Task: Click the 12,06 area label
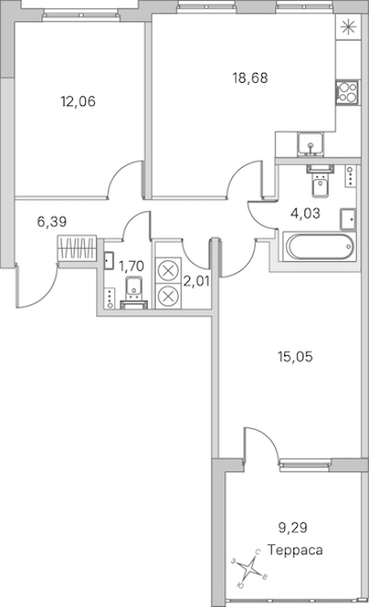pyautogui.click(x=77, y=101)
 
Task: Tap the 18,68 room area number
pyautogui.click(x=250, y=77)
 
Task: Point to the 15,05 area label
pyautogui.click(x=295, y=356)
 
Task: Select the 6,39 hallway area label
pyautogui.click(x=52, y=221)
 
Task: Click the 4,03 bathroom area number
pyautogui.click(x=305, y=213)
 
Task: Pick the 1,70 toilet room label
pyautogui.click(x=131, y=266)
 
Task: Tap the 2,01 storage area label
pyautogui.click(x=196, y=281)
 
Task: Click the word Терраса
pyautogui.click(x=295, y=550)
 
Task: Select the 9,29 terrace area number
pyautogui.click(x=292, y=528)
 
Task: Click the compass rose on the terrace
pyautogui.click(x=250, y=568)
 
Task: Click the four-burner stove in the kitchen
pyautogui.click(x=347, y=92)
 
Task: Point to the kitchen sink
pyautogui.click(x=311, y=145)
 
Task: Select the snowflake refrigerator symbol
pyautogui.click(x=348, y=27)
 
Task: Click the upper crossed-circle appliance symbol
pyautogui.click(x=168, y=270)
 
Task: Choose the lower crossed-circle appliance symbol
pyautogui.click(x=168, y=296)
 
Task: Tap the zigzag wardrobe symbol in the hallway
pyautogui.click(x=77, y=247)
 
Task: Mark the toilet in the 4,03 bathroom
pyautogui.click(x=320, y=181)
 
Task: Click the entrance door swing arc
pyautogui.click(x=47, y=294)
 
